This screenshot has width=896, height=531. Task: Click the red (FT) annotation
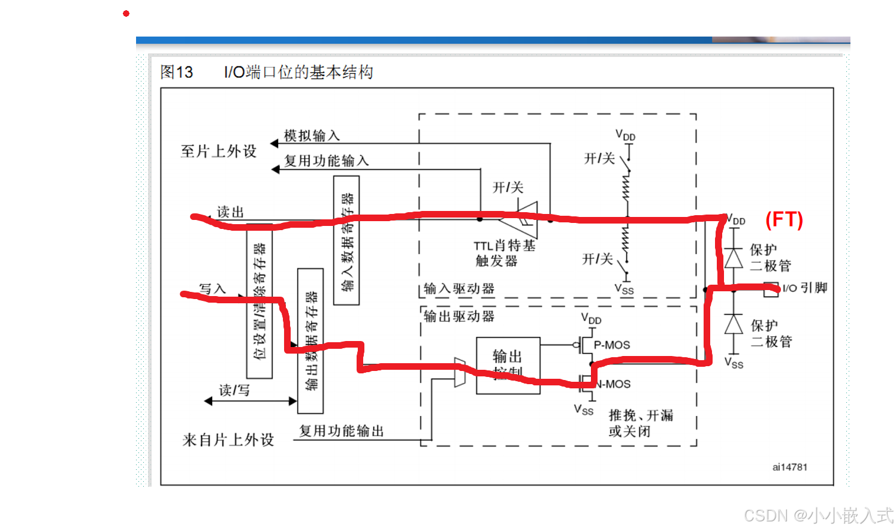[784, 220]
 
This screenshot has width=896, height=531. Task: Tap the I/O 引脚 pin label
[804, 288]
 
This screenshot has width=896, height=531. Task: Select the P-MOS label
[611, 345]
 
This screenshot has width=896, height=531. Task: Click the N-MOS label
[614, 384]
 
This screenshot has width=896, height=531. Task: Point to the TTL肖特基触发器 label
[504, 253]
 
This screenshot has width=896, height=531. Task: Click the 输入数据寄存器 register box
[346, 240]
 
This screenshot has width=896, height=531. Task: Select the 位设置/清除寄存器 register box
[260, 301]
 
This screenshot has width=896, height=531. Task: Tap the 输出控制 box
[508, 364]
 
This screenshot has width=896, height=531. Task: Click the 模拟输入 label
[312, 136]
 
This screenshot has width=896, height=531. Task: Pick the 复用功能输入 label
[326, 161]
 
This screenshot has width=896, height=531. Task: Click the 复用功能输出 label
[341, 431]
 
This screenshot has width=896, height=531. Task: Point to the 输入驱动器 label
[459, 289]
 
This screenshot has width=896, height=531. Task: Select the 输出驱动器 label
[459, 316]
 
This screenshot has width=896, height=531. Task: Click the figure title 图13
[177, 73]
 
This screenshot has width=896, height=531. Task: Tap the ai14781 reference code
[789, 467]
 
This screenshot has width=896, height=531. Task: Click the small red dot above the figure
[126, 13]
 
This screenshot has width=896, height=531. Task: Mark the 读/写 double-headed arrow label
[234, 391]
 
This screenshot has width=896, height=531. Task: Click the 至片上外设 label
[219, 152]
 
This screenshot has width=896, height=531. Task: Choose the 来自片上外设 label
[228, 440]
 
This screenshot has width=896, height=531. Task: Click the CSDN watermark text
[818, 515]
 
